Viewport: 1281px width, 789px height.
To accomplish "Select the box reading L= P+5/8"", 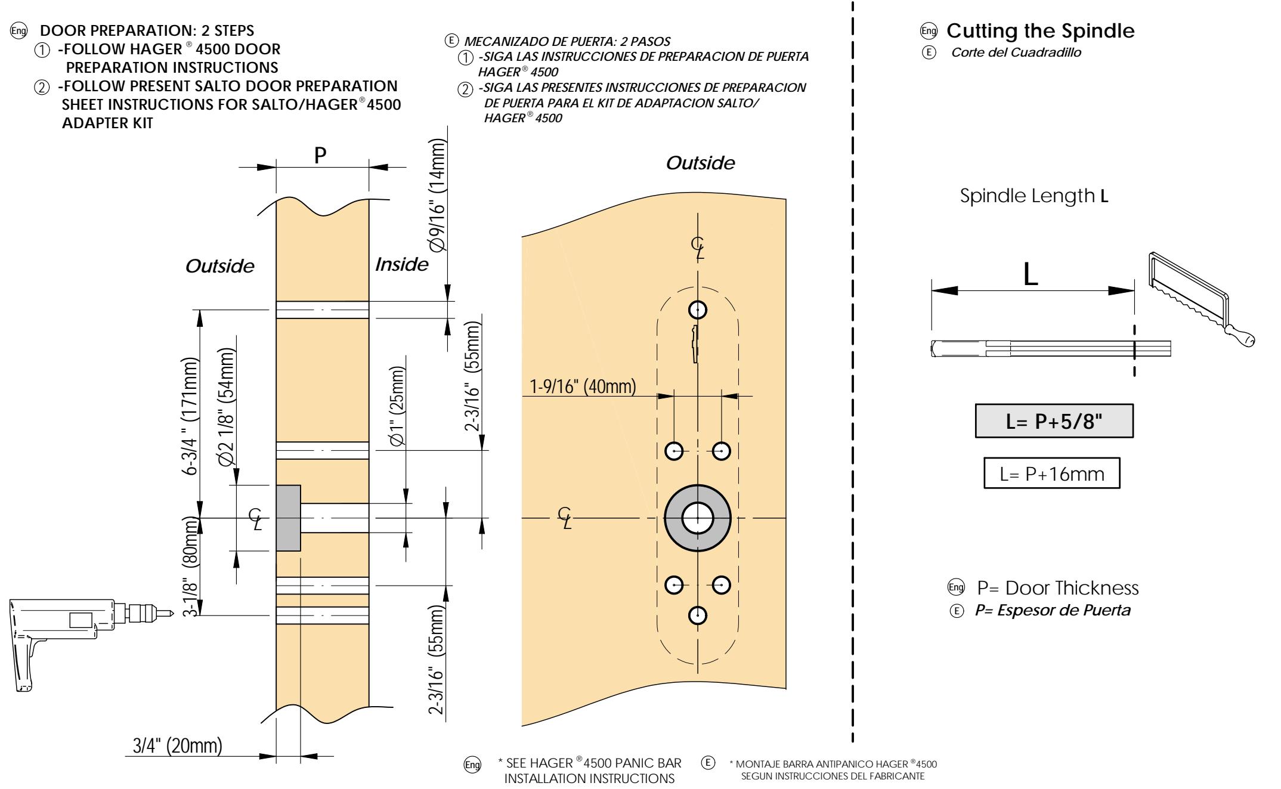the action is [x=1054, y=422].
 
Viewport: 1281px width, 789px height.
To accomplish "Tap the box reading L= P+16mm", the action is [x=1051, y=474].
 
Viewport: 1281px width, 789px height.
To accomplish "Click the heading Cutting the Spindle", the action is [x=1040, y=30].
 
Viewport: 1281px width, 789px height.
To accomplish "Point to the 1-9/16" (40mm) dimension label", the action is [x=583, y=387].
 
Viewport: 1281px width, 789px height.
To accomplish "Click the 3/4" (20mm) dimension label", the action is [x=177, y=745].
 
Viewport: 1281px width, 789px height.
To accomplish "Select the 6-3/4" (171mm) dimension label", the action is [x=191, y=416].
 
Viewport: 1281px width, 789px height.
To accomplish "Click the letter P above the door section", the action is [x=321, y=156].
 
